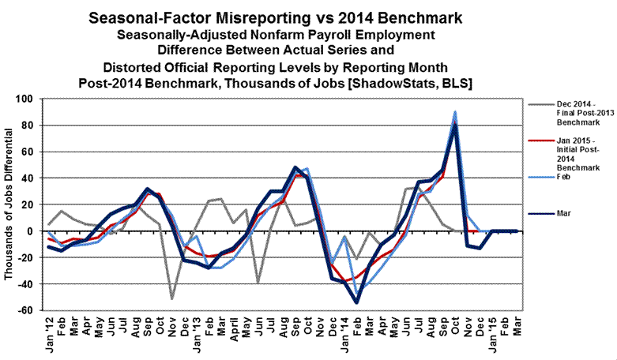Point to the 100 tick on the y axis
(29, 99)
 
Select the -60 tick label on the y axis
(29, 310)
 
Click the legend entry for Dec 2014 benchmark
(562, 112)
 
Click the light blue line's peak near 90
(455, 113)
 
